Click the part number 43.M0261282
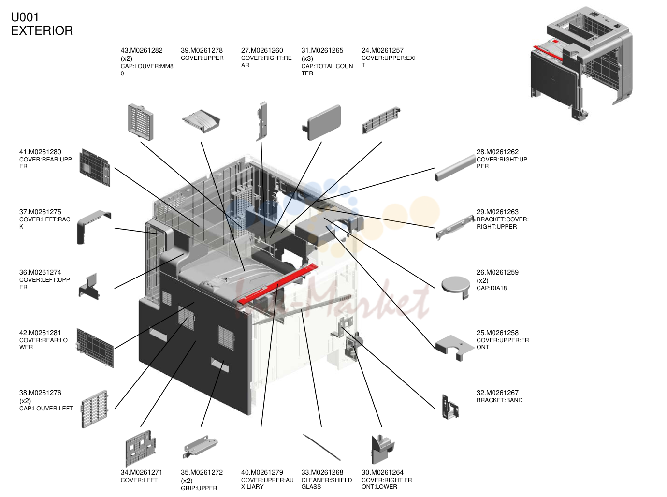click(141, 51)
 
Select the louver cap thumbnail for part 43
click(141, 122)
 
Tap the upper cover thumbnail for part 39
click(201, 121)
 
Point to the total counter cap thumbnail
click(322, 122)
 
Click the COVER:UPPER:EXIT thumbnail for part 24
click(381, 120)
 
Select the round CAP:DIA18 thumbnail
click(456, 287)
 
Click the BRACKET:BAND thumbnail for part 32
click(450, 407)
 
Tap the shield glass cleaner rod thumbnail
click(321, 447)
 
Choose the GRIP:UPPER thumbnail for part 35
click(200, 446)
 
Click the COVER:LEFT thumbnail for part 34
click(141, 448)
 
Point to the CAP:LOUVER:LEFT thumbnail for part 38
click(94, 409)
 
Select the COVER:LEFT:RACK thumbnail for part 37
click(94, 227)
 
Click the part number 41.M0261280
click(40, 152)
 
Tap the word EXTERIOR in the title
click(42, 30)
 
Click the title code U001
click(25, 17)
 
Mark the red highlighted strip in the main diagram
click(277, 284)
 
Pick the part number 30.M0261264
click(382, 473)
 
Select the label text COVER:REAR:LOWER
click(43, 344)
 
